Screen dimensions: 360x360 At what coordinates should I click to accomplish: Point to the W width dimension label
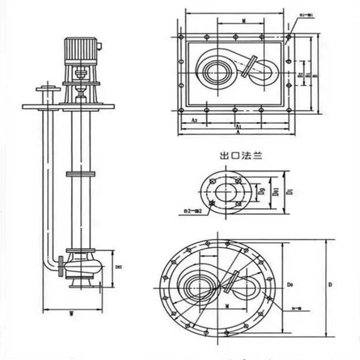(x=72, y=314)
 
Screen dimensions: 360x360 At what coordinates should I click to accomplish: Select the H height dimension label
(x=118, y=267)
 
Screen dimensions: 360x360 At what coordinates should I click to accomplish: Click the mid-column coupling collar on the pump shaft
(x=81, y=174)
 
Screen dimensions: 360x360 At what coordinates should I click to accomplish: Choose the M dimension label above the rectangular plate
(x=243, y=21)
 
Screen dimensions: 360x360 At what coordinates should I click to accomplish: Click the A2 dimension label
(x=193, y=121)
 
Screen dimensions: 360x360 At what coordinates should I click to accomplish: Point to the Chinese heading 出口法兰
(x=238, y=157)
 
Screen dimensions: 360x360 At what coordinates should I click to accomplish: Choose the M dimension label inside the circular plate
(x=228, y=306)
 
